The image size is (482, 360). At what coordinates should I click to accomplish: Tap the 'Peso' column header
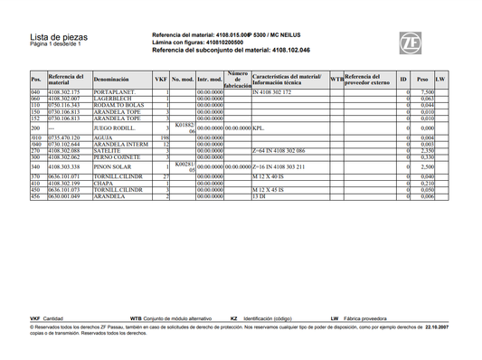pos(422,80)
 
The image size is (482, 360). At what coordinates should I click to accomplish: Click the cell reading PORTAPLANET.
pos(115,92)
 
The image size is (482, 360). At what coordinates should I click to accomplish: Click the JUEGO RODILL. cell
pos(116,129)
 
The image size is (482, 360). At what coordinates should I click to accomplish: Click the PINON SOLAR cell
pos(113,167)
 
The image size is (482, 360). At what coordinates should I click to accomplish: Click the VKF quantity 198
pos(165,138)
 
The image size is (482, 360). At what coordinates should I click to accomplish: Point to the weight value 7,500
pos(427,92)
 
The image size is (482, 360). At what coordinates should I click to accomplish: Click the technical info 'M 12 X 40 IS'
pos(270,176)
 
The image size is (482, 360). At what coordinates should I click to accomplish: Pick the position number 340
pos(36,167)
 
